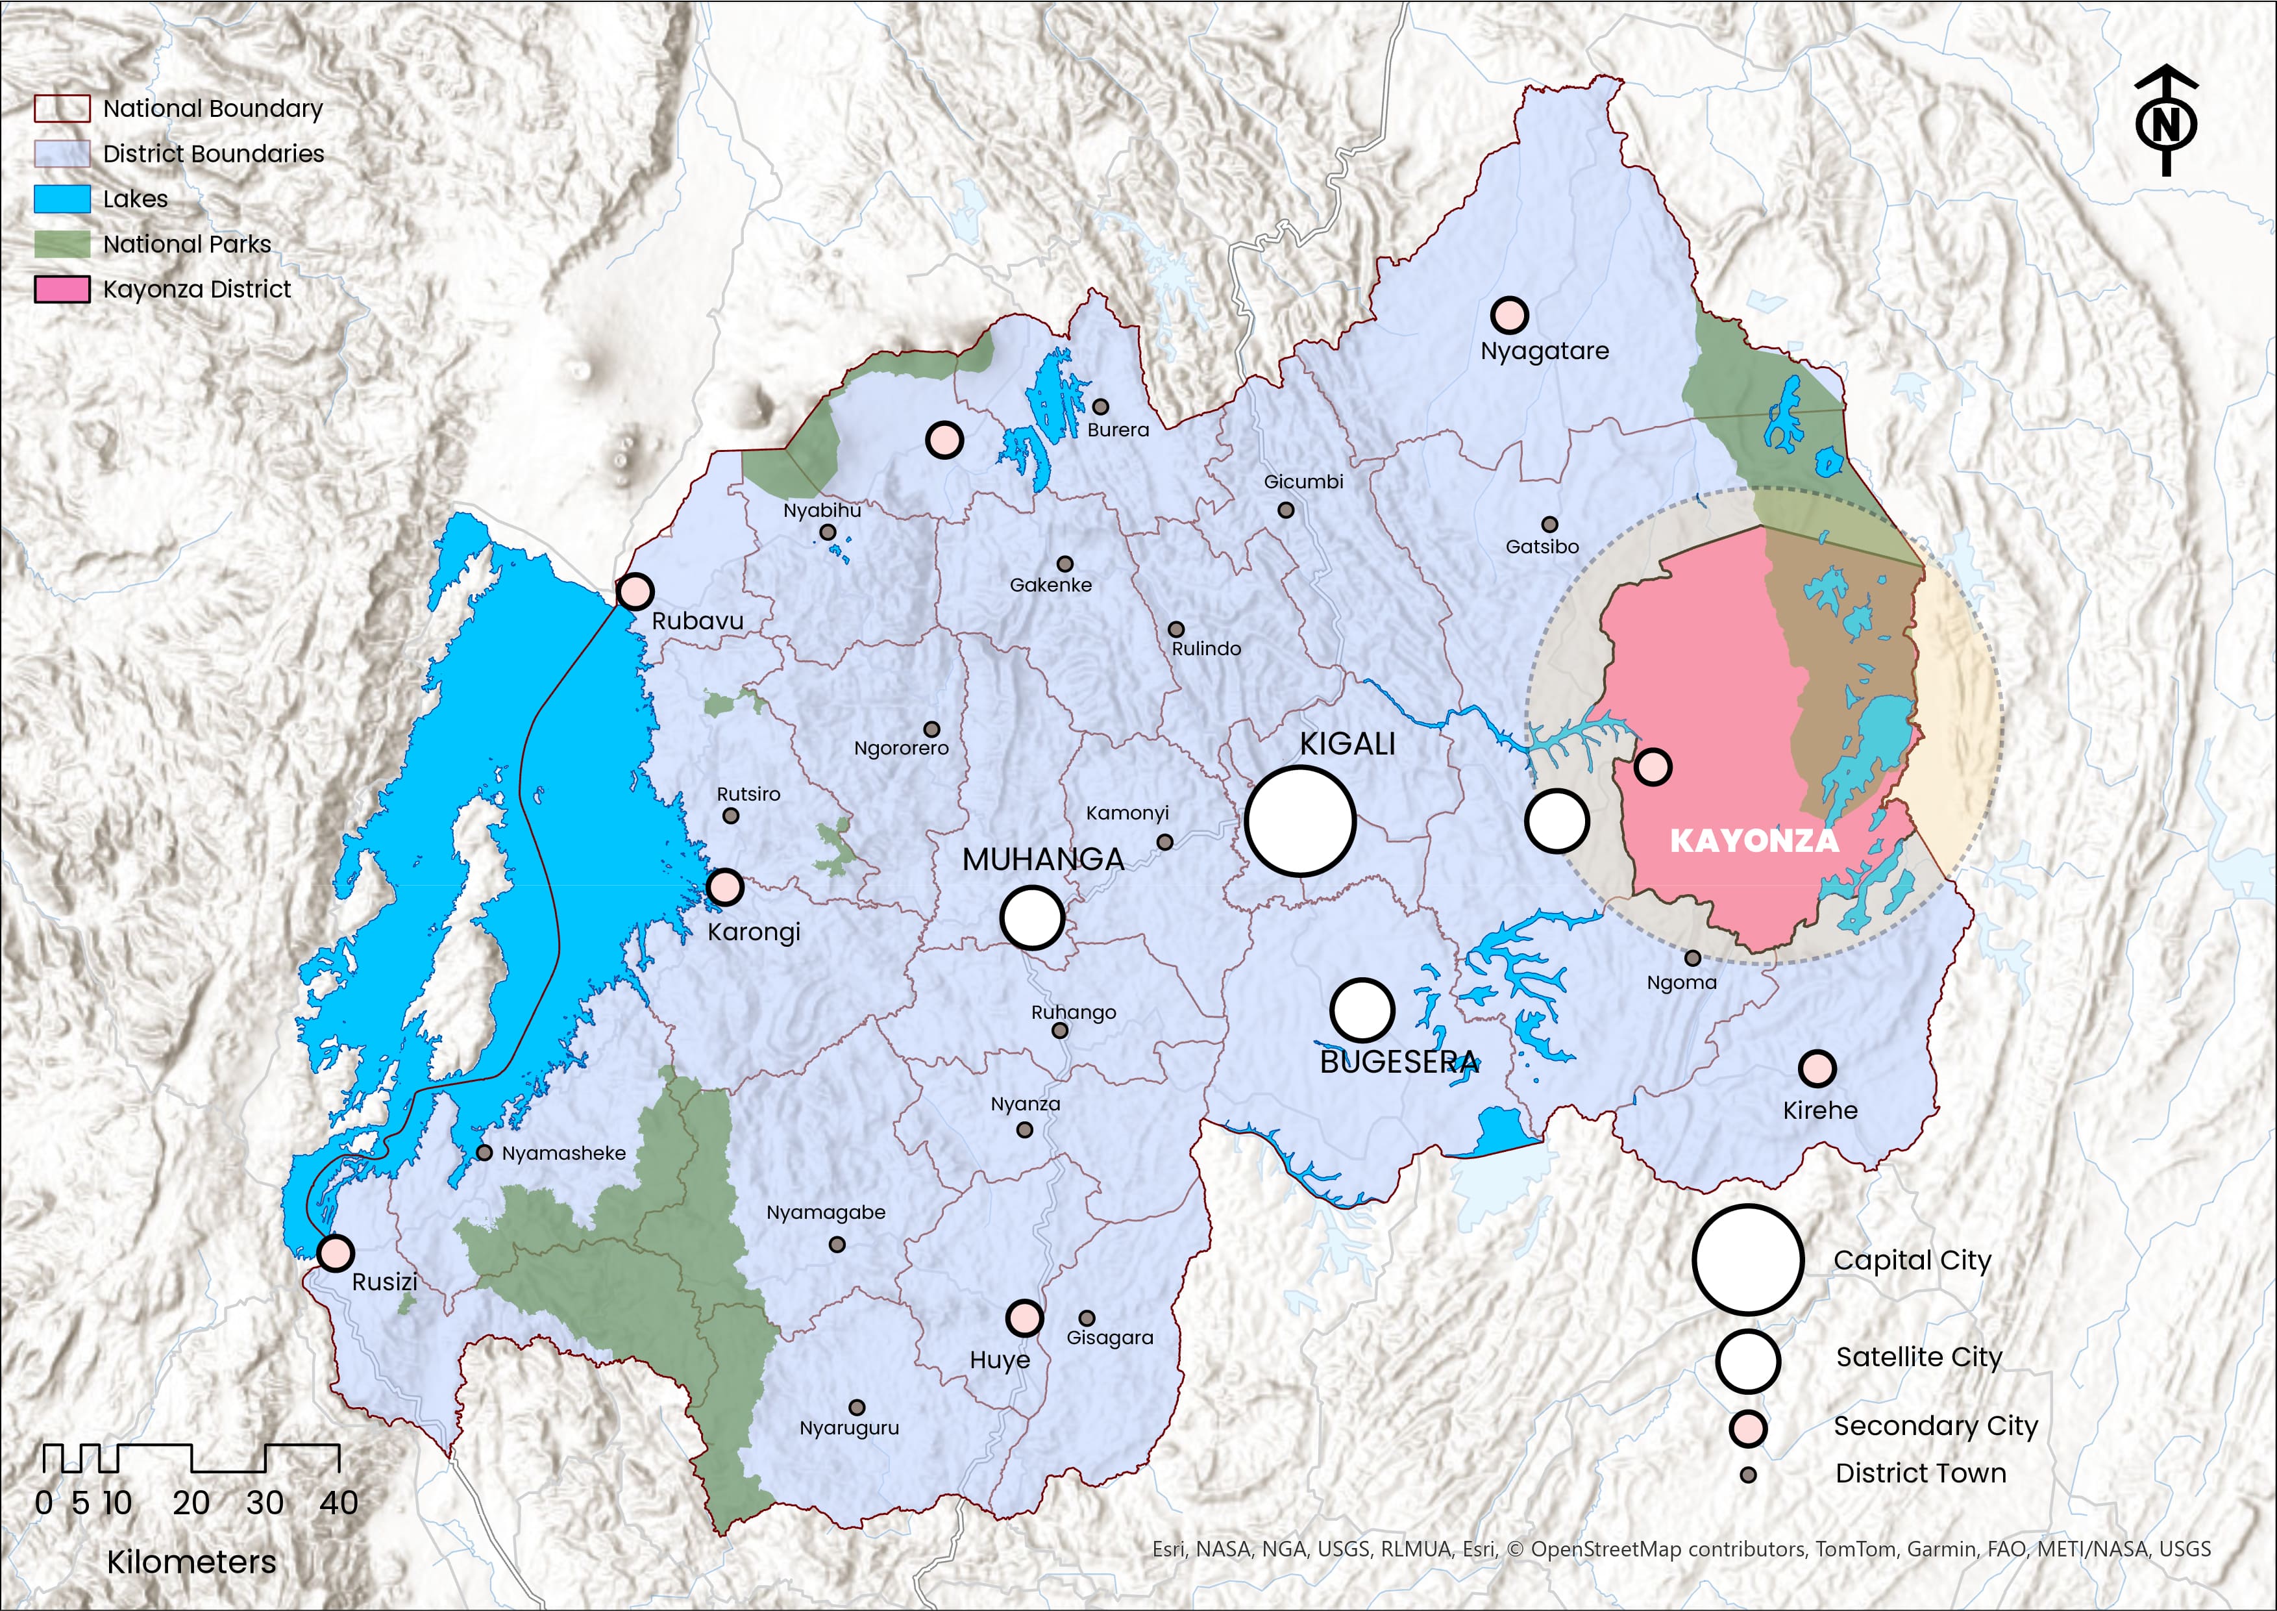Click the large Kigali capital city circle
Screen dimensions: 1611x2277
coord(1300,820)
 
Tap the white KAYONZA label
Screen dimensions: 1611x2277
coord(1753,841)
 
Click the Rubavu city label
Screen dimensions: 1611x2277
coord(697,621)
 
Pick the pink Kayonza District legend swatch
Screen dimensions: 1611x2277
coord(62,290)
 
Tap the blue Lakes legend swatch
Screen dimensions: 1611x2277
coord(62,199)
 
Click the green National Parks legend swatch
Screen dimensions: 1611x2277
coord(62,244)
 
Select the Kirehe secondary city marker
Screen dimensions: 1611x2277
coord(1817,1068)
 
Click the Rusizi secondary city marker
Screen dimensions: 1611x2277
coord(335,1253)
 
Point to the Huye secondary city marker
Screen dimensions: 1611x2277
coord(1024,1318)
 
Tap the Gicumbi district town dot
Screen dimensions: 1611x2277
coord(1285,510)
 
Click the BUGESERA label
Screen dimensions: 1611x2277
coord(1398,1062)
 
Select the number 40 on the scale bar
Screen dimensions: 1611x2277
coord(338,1503)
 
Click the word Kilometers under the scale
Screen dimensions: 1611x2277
coord(191,1562)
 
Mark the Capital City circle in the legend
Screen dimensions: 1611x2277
coord(1747,1260)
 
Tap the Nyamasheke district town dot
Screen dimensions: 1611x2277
coord(484,1153)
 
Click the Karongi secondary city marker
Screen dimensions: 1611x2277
coord(725,887)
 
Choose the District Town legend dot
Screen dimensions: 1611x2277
coord(1749,1475)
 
